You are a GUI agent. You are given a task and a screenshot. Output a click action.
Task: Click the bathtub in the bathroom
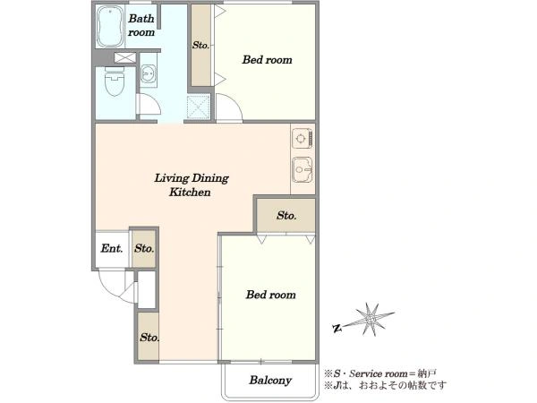(x=109, y=26)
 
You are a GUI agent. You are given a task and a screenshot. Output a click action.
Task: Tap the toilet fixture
(x=114, y=81)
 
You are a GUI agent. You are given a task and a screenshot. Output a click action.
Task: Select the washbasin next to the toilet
(x=149, y=73)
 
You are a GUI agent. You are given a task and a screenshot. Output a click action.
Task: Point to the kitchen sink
(x=303, y=169)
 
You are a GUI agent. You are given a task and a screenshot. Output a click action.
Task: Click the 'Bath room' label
(x=141, y=25)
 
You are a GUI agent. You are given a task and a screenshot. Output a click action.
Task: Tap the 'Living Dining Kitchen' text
(x=192, y=185)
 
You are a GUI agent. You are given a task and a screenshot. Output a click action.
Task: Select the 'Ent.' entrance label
(x=112, y=248)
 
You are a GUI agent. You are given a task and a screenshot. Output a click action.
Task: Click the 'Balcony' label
(x=270, y=380)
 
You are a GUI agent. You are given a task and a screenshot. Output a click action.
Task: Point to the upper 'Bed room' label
(x=267, y=60)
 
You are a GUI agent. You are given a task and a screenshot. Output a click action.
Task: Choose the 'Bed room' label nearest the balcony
(x=270, y=295)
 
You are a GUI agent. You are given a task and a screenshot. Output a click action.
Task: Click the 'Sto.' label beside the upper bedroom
(x=200, y=45)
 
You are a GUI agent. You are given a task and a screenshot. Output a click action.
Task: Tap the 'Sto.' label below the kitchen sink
(x=286, y=216)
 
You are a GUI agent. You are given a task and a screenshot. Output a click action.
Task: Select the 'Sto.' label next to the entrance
(x=144, y=248)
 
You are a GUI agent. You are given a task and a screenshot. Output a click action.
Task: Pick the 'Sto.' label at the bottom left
(x=149, y=338)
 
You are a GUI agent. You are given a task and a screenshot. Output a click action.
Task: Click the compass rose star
(x=371, y=320)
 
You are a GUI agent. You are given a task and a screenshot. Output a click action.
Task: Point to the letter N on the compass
(x=337, y=329)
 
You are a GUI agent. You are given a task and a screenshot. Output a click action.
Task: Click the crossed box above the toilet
(x=124, y=57)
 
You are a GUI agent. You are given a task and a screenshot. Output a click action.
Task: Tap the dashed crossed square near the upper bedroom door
(x=198, y=107)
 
